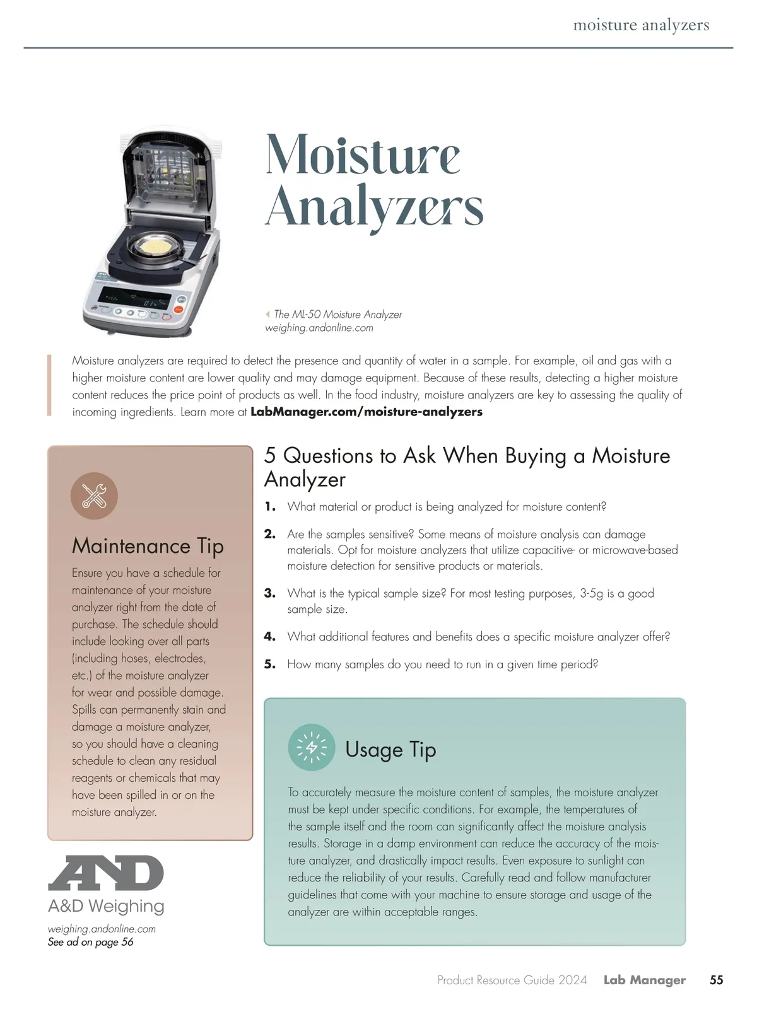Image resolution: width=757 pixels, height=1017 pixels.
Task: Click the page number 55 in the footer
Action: click(x=716, y=980)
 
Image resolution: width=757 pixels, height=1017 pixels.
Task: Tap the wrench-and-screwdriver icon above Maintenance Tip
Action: click(x=94, y=496)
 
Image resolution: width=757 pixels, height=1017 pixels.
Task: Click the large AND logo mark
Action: click(x=106, y=873)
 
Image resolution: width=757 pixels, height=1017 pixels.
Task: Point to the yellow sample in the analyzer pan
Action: click(x=157, y=248)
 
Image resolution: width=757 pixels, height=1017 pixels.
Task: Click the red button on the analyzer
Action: click(x=179, y=309)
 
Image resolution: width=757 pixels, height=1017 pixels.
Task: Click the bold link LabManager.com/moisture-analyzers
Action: click(x=366, y=412)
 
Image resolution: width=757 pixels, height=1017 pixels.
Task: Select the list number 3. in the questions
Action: click(x=270, y=593)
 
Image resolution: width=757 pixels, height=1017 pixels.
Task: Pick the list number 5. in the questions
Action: click(x=270, y=665)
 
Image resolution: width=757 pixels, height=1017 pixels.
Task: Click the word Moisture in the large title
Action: click(x=363, y=154)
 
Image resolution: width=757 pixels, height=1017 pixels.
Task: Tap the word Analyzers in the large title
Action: click(x=374, y=207)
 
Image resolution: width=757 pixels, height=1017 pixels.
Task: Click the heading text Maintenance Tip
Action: click(x=148, y=546)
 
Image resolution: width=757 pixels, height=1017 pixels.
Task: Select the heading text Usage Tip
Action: click(x=390, y=749)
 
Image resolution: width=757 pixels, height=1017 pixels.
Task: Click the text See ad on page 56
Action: click(x=90, y=942)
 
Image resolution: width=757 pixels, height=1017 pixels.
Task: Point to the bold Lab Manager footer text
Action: click(x=644, y=980)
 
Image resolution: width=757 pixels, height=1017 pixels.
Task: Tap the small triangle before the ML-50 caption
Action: click(x=267, y=314)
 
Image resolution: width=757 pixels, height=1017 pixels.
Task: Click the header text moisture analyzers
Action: click(x=641, y=25)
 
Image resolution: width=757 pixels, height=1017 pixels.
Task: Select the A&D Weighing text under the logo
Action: click(x=106, y=906)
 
